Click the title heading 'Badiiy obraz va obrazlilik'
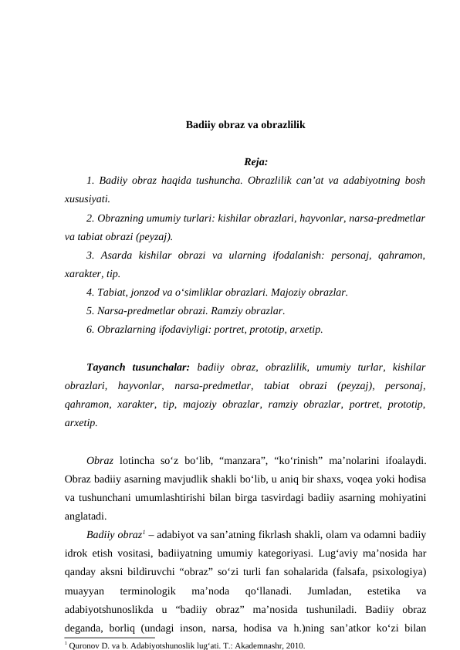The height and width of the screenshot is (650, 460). pyautogui.click(x=245, y=124)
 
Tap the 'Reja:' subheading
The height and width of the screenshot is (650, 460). pyautogui.click(x=255, y=162)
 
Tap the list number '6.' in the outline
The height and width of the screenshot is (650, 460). pyautogui.click(x=91, y=330)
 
